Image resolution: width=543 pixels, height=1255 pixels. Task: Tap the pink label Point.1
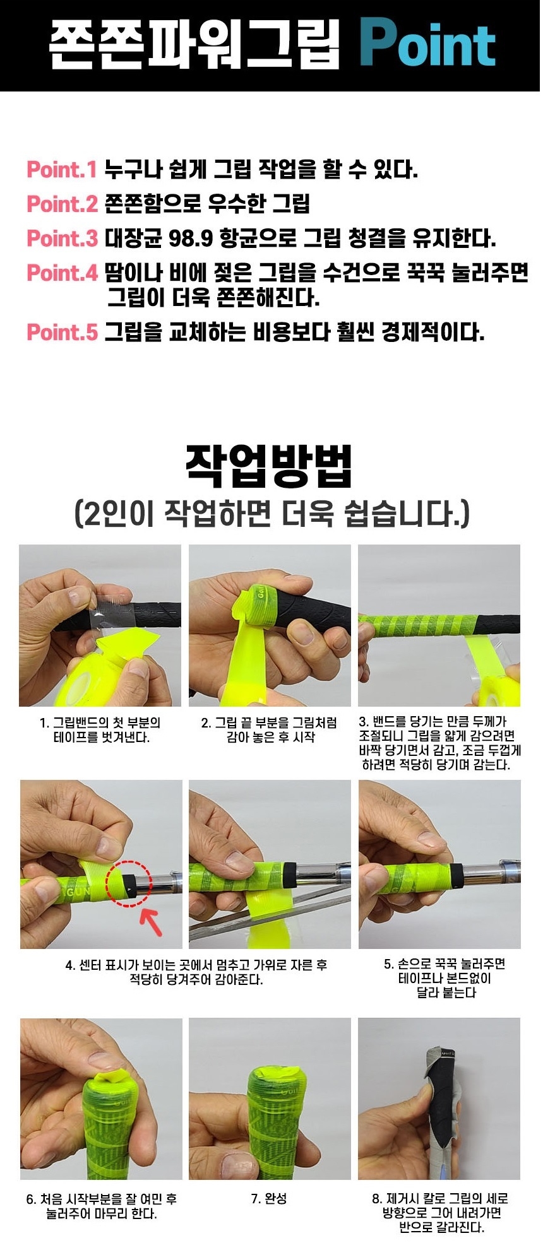click(62, 169)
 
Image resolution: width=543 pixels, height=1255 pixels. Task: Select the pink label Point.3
click(62, 238)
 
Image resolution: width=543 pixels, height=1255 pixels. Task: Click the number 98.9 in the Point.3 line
click(191, 238)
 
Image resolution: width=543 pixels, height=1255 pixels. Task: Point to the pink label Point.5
click(62, 331)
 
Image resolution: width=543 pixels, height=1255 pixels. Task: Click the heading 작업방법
click(270, 465)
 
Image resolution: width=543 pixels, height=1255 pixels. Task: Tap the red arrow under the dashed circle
click(152, 920)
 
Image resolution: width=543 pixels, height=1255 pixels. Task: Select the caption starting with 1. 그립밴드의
click(100, 729)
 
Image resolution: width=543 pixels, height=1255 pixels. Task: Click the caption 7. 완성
click(269, 1198)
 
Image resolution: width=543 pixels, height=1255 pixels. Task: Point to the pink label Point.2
click(62, 203)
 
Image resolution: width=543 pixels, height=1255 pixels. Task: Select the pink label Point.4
click(62, 273)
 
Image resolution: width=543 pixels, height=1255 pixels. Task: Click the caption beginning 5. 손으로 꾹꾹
click(445, 978)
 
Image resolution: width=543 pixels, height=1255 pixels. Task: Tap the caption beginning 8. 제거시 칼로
click(441, 1213)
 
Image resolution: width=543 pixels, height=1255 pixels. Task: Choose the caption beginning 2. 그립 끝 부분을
click(270, 729)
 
